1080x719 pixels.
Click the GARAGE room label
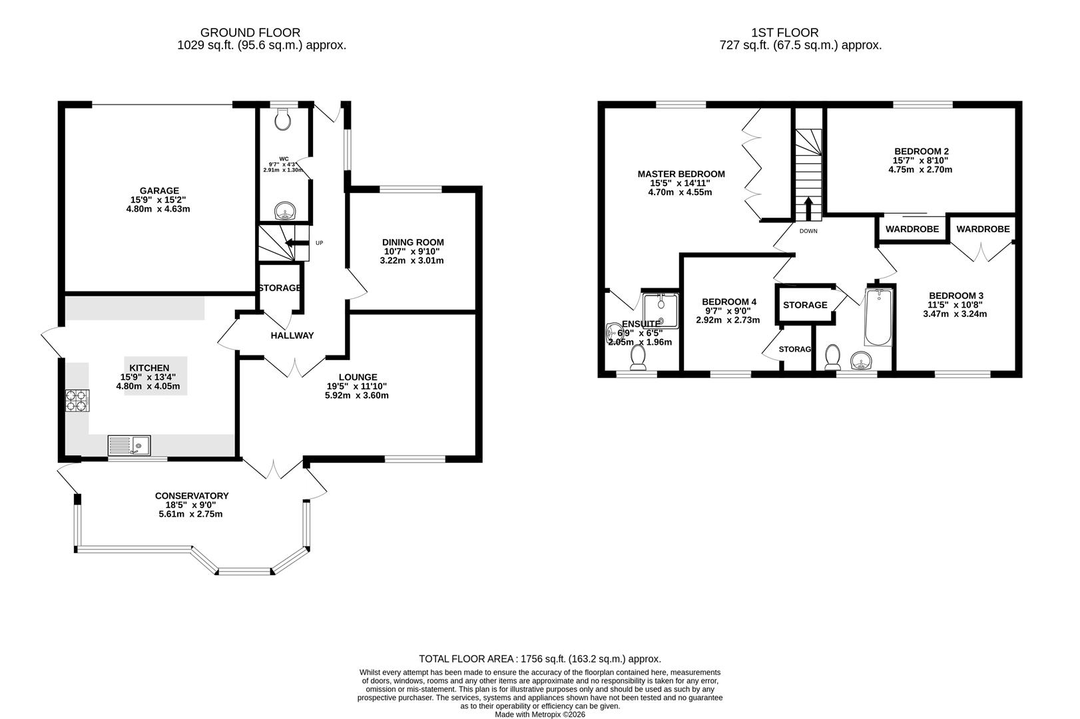[x=159, y=191]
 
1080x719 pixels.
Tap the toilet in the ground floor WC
[x=284, y=120]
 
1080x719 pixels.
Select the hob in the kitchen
[x=77, y=401]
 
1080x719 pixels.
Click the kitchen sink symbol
[x=129, y=445]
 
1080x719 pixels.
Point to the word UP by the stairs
[x=319, y=243]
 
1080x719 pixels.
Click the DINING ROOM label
[x=412, y=242]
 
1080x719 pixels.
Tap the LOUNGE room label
[x=357, y=377]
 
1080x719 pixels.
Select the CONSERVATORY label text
[x=191, y=496]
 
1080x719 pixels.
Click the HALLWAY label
[x=292, y=336]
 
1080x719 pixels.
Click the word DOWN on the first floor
[x=808, y=232]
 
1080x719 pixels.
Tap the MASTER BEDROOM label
[x=680, y=174]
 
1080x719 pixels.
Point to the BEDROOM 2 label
[x=921, y=151]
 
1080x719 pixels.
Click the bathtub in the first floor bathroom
[x=878, y=318]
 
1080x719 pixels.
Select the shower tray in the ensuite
[x=660, y=310]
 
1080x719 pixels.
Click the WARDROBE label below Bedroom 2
[x=912, y=229]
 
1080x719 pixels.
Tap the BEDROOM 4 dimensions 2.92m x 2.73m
[x=728, y=320]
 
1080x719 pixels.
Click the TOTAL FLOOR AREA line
[x=539, y=659]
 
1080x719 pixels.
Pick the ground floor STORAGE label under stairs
[x=280, y=288]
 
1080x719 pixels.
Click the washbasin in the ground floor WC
[x=287, y=212]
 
